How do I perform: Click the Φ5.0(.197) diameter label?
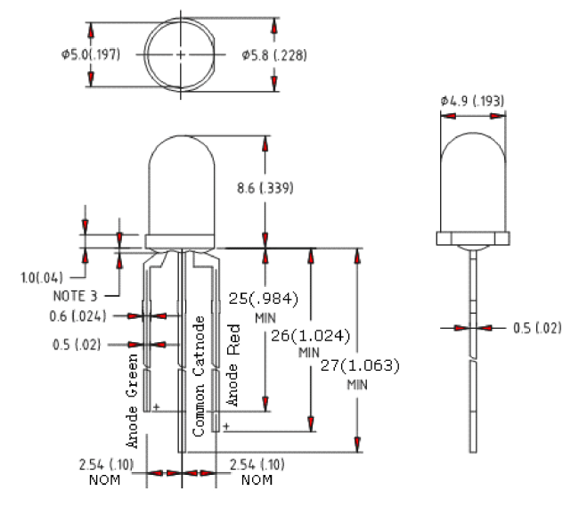click(x=91, y=54)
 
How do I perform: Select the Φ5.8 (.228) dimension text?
click(x=274, y=55)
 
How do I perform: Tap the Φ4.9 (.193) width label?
click(x=472, y=101)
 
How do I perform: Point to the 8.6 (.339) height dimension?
click(x=265, y=188)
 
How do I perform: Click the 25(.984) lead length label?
click(x=264, y=298)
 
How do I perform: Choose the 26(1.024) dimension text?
click(x=311, y=336)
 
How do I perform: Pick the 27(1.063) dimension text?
click(x=360, y=365)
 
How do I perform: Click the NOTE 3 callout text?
click(x=75, y=296)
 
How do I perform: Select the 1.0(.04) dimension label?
click(x=42, y=278)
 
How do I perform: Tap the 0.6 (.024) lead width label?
click(x=77, y=316)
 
